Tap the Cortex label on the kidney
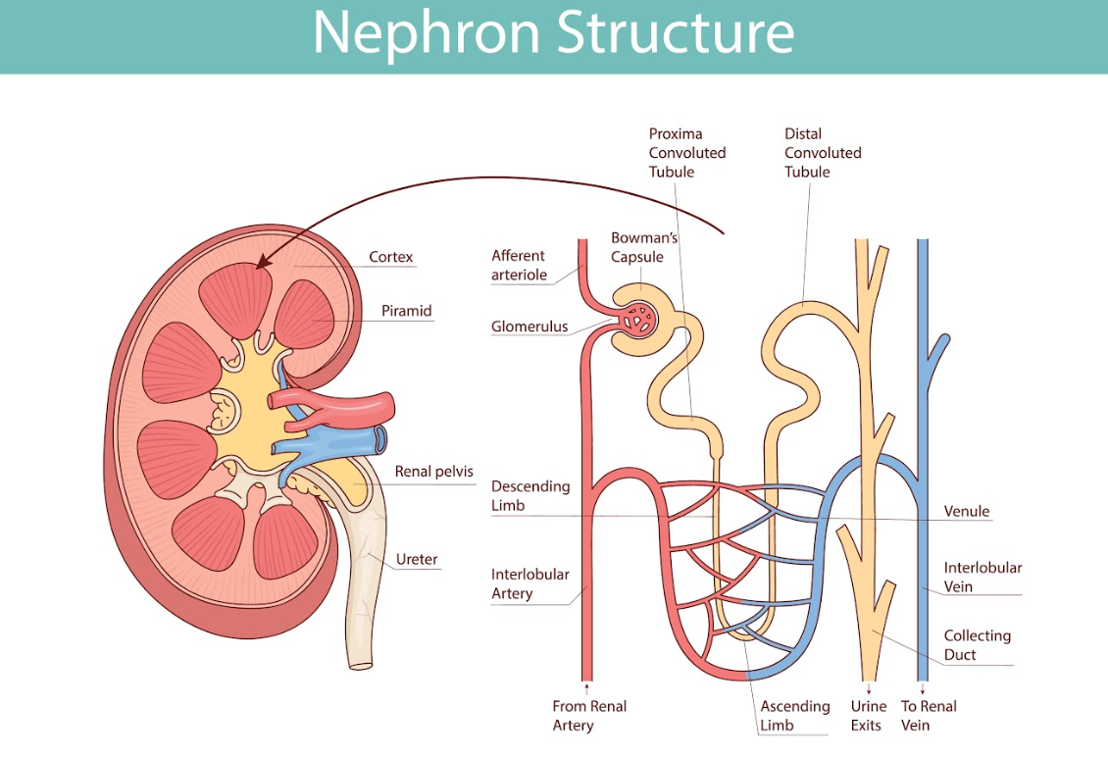(x=390, y=258)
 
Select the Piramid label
(x=406, y=312)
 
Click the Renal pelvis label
(x=433, y=472)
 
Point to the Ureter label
(x=417, y=561)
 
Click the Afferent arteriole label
(x=520, y=266)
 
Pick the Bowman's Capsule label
(x=643, y=247)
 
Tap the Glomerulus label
(x=529, y=327)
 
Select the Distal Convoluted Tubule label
(x=822, y=153)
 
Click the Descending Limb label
(x=529, y=496)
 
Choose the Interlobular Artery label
(x=529, y=583)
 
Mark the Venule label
(x=966, y=512)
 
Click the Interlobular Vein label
(x=982, y=577)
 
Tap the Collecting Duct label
(x=977, y=645)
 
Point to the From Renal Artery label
(x=588, y=716)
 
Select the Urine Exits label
(x=868, y=716)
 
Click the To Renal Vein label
(x=928, y=716)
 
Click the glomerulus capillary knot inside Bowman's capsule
(x=639, y=318)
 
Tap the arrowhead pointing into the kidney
(x=261, y=260)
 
